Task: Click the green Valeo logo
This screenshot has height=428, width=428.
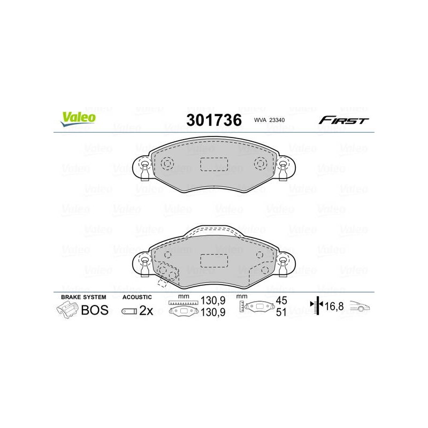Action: pos(78,119)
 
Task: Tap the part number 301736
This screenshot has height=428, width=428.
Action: pos(214,120)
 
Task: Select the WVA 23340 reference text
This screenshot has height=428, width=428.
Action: pos(269,120)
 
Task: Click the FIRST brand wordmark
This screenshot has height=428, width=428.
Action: pos(343,120)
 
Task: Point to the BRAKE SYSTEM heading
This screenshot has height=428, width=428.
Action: pos(83,297)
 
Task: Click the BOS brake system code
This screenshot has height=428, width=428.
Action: pos(95,310)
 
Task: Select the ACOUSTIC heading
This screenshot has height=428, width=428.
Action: pos(137,297)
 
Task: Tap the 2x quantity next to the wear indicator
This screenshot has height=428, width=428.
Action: pos(146,310)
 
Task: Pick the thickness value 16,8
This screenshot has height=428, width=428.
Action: pos(334,306)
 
